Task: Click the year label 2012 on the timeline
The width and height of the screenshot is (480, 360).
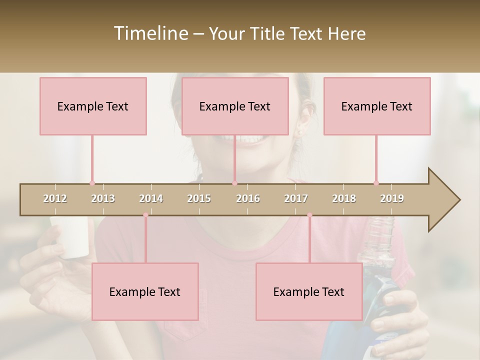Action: coord(55,198)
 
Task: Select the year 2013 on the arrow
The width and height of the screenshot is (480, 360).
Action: coord(103,198)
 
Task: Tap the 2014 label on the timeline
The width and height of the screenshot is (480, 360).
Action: coord(151,198)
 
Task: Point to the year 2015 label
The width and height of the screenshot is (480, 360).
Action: coord(199,198)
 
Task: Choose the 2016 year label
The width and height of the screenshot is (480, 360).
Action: coord(248,198)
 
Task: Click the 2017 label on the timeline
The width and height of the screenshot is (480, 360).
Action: coord(296,198)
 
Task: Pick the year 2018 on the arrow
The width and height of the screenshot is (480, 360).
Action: coord(344,198)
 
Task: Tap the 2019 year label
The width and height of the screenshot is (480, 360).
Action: coord(392,198)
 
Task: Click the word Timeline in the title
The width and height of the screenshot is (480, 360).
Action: coord(150,33)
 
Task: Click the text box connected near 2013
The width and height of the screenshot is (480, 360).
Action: coord(93,106)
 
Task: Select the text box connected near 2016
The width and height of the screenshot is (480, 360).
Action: coord(235,106)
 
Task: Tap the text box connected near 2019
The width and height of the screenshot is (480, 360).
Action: coord(377,106)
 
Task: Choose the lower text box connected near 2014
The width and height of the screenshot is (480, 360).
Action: coord(145,291)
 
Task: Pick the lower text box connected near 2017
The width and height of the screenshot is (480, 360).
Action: coord(309,291)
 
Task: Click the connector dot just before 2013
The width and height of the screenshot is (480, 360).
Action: coord(92,183)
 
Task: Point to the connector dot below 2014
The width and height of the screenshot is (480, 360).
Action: coord(145,215)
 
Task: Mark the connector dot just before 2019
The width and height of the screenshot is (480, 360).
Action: coord(376,183)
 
